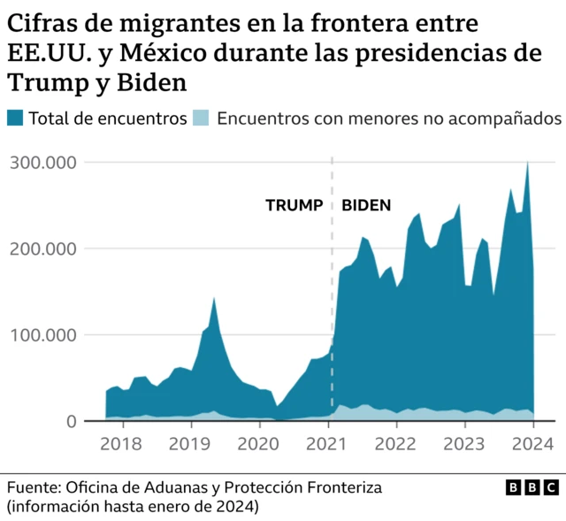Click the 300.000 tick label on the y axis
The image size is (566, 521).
tap(42, 163)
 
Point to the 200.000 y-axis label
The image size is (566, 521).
tap(42, 249)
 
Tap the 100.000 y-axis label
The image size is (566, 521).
tap(42, 335)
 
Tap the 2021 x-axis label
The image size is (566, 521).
tap(327, 443)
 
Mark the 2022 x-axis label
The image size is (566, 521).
tap(396, 443)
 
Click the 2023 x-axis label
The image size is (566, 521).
tap(464, 443)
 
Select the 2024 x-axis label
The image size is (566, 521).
tap(532, 443)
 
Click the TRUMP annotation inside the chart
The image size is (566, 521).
tap(294, 205)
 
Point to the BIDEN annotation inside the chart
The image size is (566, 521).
tap(366, 205)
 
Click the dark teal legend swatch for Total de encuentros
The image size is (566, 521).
tap(16, 119)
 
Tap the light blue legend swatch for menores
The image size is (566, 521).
tap(202, 119)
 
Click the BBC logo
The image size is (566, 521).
tap(532, 487)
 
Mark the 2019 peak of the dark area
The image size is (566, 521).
tap(214, 299)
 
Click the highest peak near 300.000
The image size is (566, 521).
tap(528, 163)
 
